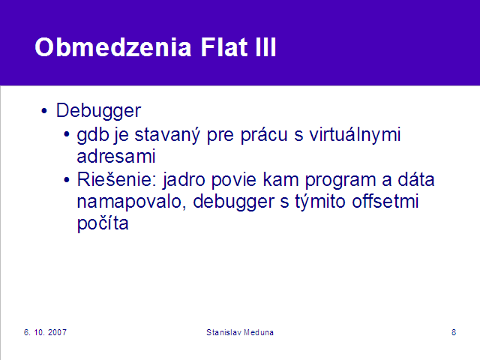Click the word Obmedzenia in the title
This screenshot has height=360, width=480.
(x=113, y=47)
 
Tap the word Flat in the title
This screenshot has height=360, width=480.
(x=224, y=47)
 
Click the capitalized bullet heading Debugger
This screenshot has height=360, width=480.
(x=98, y=111)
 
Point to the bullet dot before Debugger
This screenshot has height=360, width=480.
(x=44, y=111)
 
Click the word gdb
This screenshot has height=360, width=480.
(x=93, y=135)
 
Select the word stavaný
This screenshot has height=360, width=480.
(x=167, y=135)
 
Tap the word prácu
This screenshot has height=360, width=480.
(x=264, y=135)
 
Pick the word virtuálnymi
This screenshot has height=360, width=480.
(x=355, y=135)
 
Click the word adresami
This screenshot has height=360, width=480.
(x=116, y=157)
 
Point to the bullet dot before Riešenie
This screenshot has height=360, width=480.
(x=67, y=180)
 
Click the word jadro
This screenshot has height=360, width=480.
(x=184, y=180)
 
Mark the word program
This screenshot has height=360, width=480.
(x=340, y=181)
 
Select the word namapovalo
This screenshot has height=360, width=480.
(x=131, y=202)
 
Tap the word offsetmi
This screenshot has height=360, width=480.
(x=385, y=202)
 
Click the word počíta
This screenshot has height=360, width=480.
(x=103, y=223)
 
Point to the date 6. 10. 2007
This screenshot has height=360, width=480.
(x=45, y=332)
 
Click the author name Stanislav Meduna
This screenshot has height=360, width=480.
(x=240, y=332)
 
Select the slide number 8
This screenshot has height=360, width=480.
(x=454, y=332)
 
